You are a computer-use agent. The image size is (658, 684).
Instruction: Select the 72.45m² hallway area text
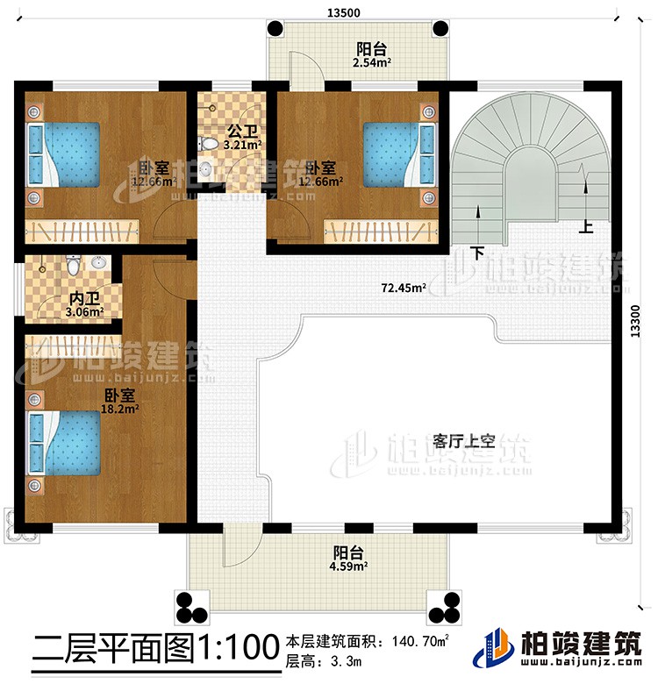coord(404,286)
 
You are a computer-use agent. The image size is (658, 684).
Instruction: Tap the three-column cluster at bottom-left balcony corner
coord(190,604)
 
